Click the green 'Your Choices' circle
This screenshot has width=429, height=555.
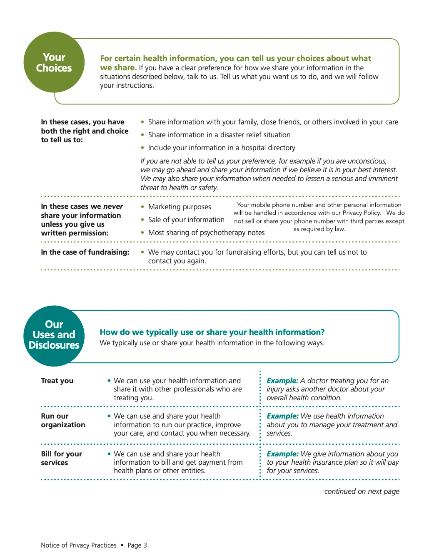[54, 62]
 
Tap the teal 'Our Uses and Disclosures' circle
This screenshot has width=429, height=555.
[54, 335]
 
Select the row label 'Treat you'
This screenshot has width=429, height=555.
[57, 381]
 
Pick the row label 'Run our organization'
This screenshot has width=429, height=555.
[63, 420]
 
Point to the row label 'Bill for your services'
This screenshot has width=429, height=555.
[61, 458]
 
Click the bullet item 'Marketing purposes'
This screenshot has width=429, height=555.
[180, 207]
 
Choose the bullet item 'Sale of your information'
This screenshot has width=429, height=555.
[186, 220]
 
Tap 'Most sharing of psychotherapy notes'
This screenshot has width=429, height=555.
[206, 233]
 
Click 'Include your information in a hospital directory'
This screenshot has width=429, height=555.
[222, 148]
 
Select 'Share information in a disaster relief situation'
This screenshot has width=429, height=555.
[219, 135]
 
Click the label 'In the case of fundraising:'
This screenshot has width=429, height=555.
[85, 252]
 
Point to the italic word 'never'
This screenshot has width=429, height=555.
[113, 206]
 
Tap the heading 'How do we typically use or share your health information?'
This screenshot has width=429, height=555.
[212, 332]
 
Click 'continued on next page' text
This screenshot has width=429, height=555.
[362, 491]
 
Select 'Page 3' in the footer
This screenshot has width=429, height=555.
[137, 545]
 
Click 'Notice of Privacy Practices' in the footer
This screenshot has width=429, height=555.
[79, 545]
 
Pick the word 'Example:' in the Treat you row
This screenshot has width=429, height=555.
[282, 381]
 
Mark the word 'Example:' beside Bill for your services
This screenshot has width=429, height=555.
[282, 454]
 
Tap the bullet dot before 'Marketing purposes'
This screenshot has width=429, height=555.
[142, 207]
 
